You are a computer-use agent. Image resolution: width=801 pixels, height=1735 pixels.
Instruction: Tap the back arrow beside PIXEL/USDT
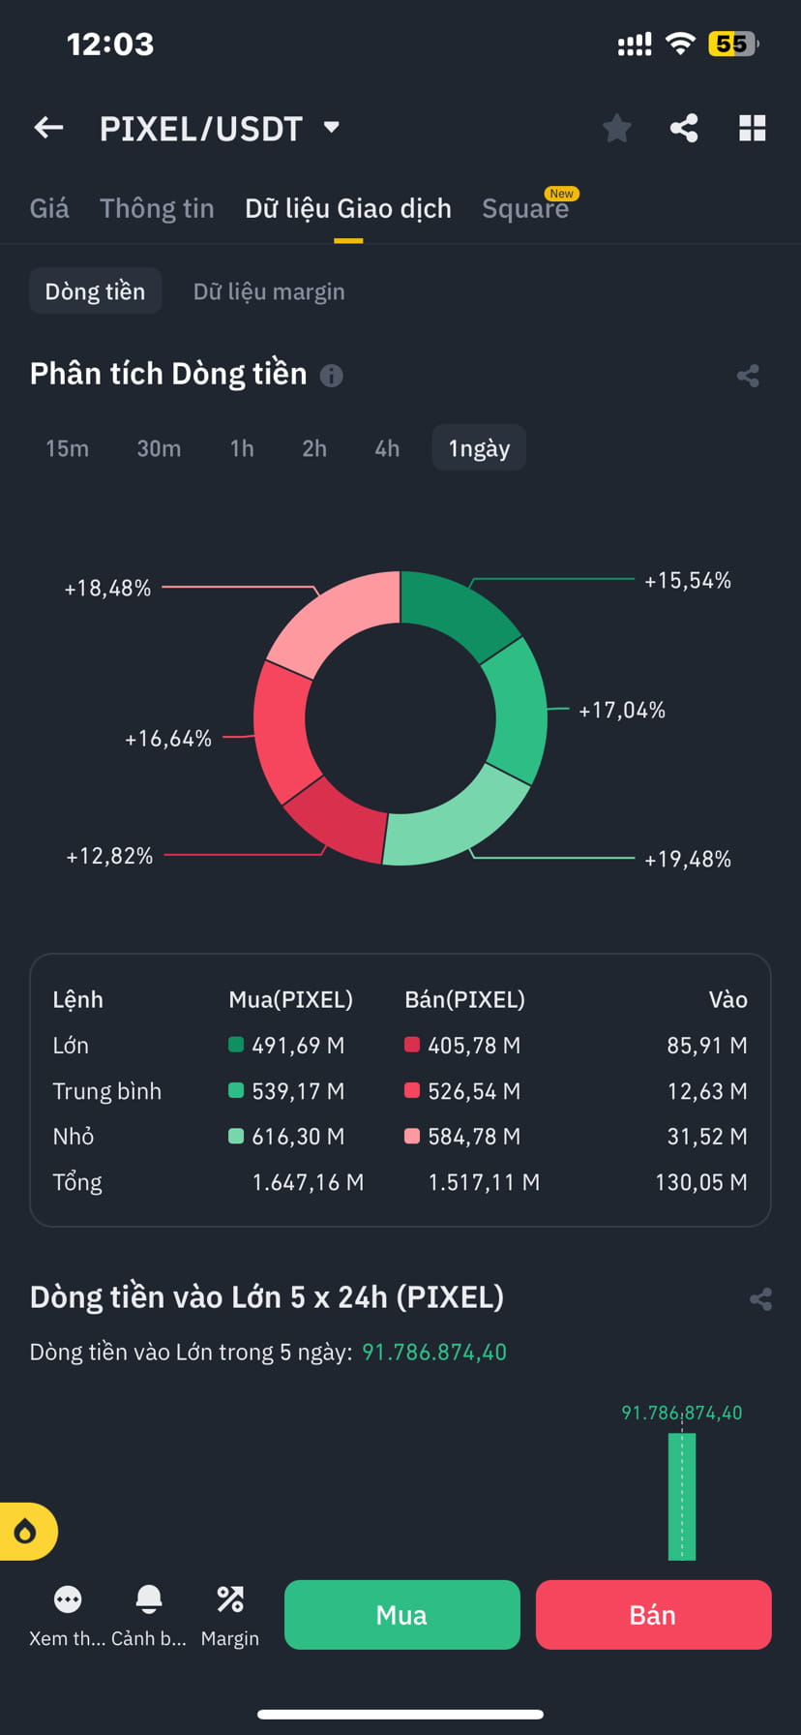tap(48, 128)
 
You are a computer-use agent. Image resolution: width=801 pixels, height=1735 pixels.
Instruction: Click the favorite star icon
tap(616, 128)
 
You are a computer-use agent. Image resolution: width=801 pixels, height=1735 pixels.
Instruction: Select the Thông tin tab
tap(157, 208)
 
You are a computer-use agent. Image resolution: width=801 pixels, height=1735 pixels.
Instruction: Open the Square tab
tap(525, 208)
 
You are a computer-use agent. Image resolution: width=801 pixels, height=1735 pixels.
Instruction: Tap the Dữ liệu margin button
tap(269, 291)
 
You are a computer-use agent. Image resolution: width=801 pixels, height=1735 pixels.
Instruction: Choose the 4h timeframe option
tap(387, 448)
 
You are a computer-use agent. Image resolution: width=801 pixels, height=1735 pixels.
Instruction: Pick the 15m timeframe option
tap(67, 448)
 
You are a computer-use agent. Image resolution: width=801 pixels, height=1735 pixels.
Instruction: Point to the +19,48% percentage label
tap(688, 859)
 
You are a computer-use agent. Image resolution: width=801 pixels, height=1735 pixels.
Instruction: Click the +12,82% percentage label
tap(109, 856)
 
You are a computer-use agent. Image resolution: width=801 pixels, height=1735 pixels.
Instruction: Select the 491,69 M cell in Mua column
tap(297, 1046)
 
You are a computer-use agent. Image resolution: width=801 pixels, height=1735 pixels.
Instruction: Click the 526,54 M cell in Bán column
tap(473, 1091)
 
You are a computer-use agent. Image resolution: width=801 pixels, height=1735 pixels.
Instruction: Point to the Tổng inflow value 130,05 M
tap(700, 1182)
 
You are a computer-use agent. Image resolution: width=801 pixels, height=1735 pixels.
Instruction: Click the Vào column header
tap(727, 1000)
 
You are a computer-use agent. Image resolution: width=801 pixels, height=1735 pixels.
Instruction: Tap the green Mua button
tap(401, 1615)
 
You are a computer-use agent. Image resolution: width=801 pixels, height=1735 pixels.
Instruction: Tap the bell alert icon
tap(149, 1598)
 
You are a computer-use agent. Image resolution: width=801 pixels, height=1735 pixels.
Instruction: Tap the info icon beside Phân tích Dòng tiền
tap(331, 376)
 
